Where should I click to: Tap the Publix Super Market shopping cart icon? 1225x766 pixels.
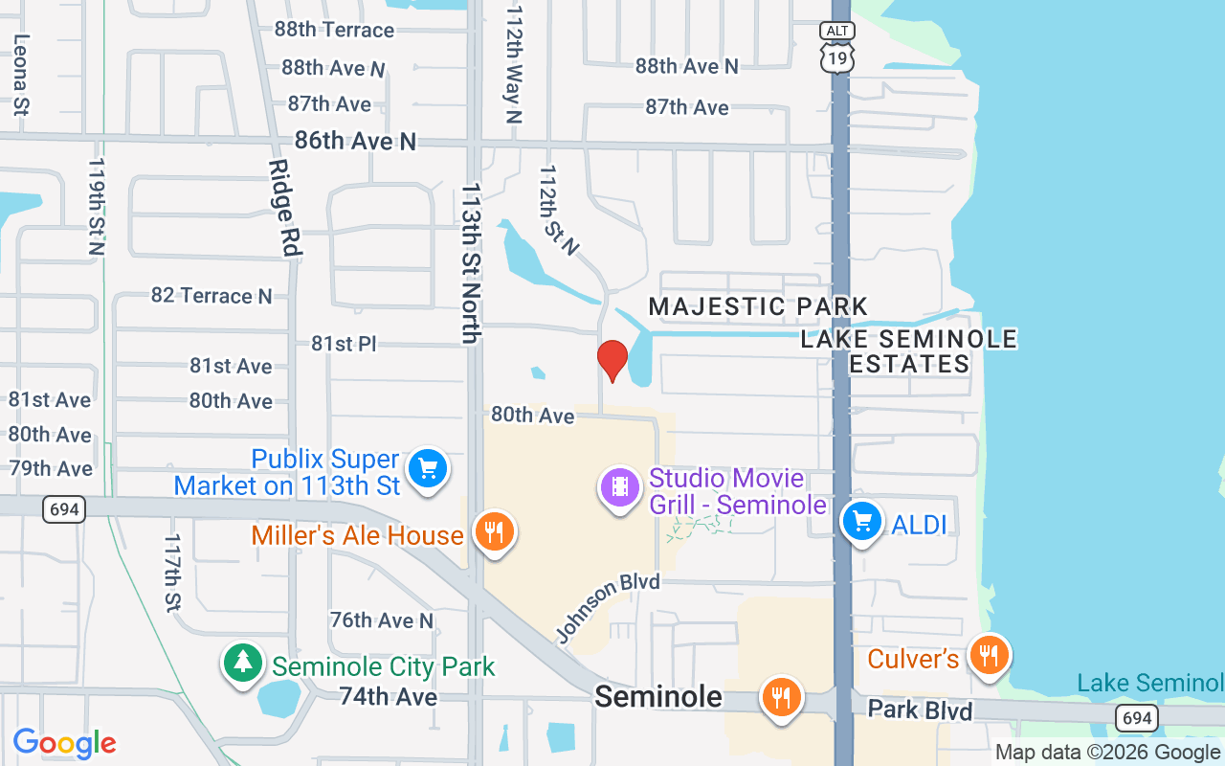pos(428,469)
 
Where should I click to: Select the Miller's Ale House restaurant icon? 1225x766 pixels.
pos(494,532)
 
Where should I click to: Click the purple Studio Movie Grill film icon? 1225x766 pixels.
pos(620,487)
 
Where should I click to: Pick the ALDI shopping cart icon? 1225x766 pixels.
pos(862,522)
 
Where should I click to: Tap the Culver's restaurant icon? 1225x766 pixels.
pos(989,656)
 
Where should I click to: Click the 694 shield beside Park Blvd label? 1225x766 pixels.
pos(1135,717)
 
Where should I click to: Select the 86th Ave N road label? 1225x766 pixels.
pos(355,141)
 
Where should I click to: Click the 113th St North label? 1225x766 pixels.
pos(471,262)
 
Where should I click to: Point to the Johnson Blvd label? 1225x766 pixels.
pos(607,608)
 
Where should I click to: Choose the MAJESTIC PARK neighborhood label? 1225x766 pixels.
pos(758,306)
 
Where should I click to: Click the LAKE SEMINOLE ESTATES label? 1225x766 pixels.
pos(909,351)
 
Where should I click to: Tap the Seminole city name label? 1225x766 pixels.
pos(658,696)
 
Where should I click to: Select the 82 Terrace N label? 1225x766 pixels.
pos(212,296)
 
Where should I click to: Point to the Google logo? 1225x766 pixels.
pos(65,743)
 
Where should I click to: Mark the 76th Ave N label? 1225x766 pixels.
pos(381,620)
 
